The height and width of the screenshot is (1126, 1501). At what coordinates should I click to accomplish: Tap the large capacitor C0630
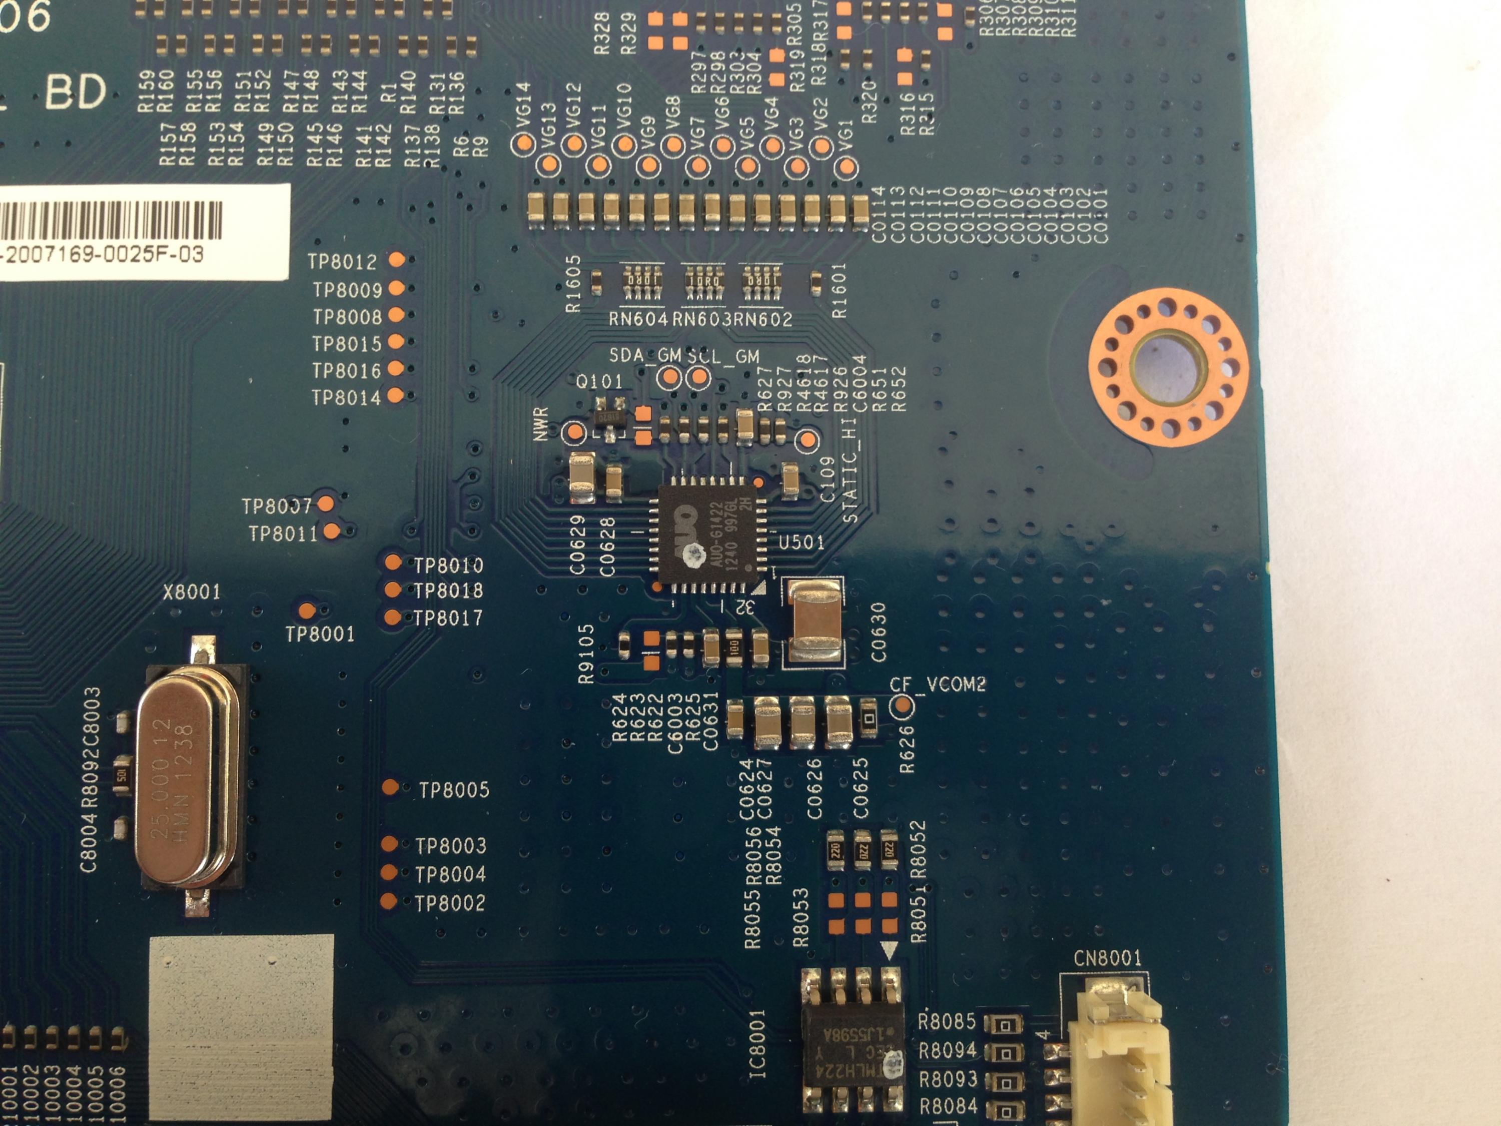point(814,622)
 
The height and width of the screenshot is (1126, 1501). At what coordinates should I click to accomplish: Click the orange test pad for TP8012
point(396,259)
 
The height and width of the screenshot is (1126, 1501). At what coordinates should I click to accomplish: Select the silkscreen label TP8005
point(453,790)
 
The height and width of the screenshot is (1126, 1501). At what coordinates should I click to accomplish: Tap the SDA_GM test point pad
point(669,377)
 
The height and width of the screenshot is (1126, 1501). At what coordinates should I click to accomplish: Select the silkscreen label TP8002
point(450,903)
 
